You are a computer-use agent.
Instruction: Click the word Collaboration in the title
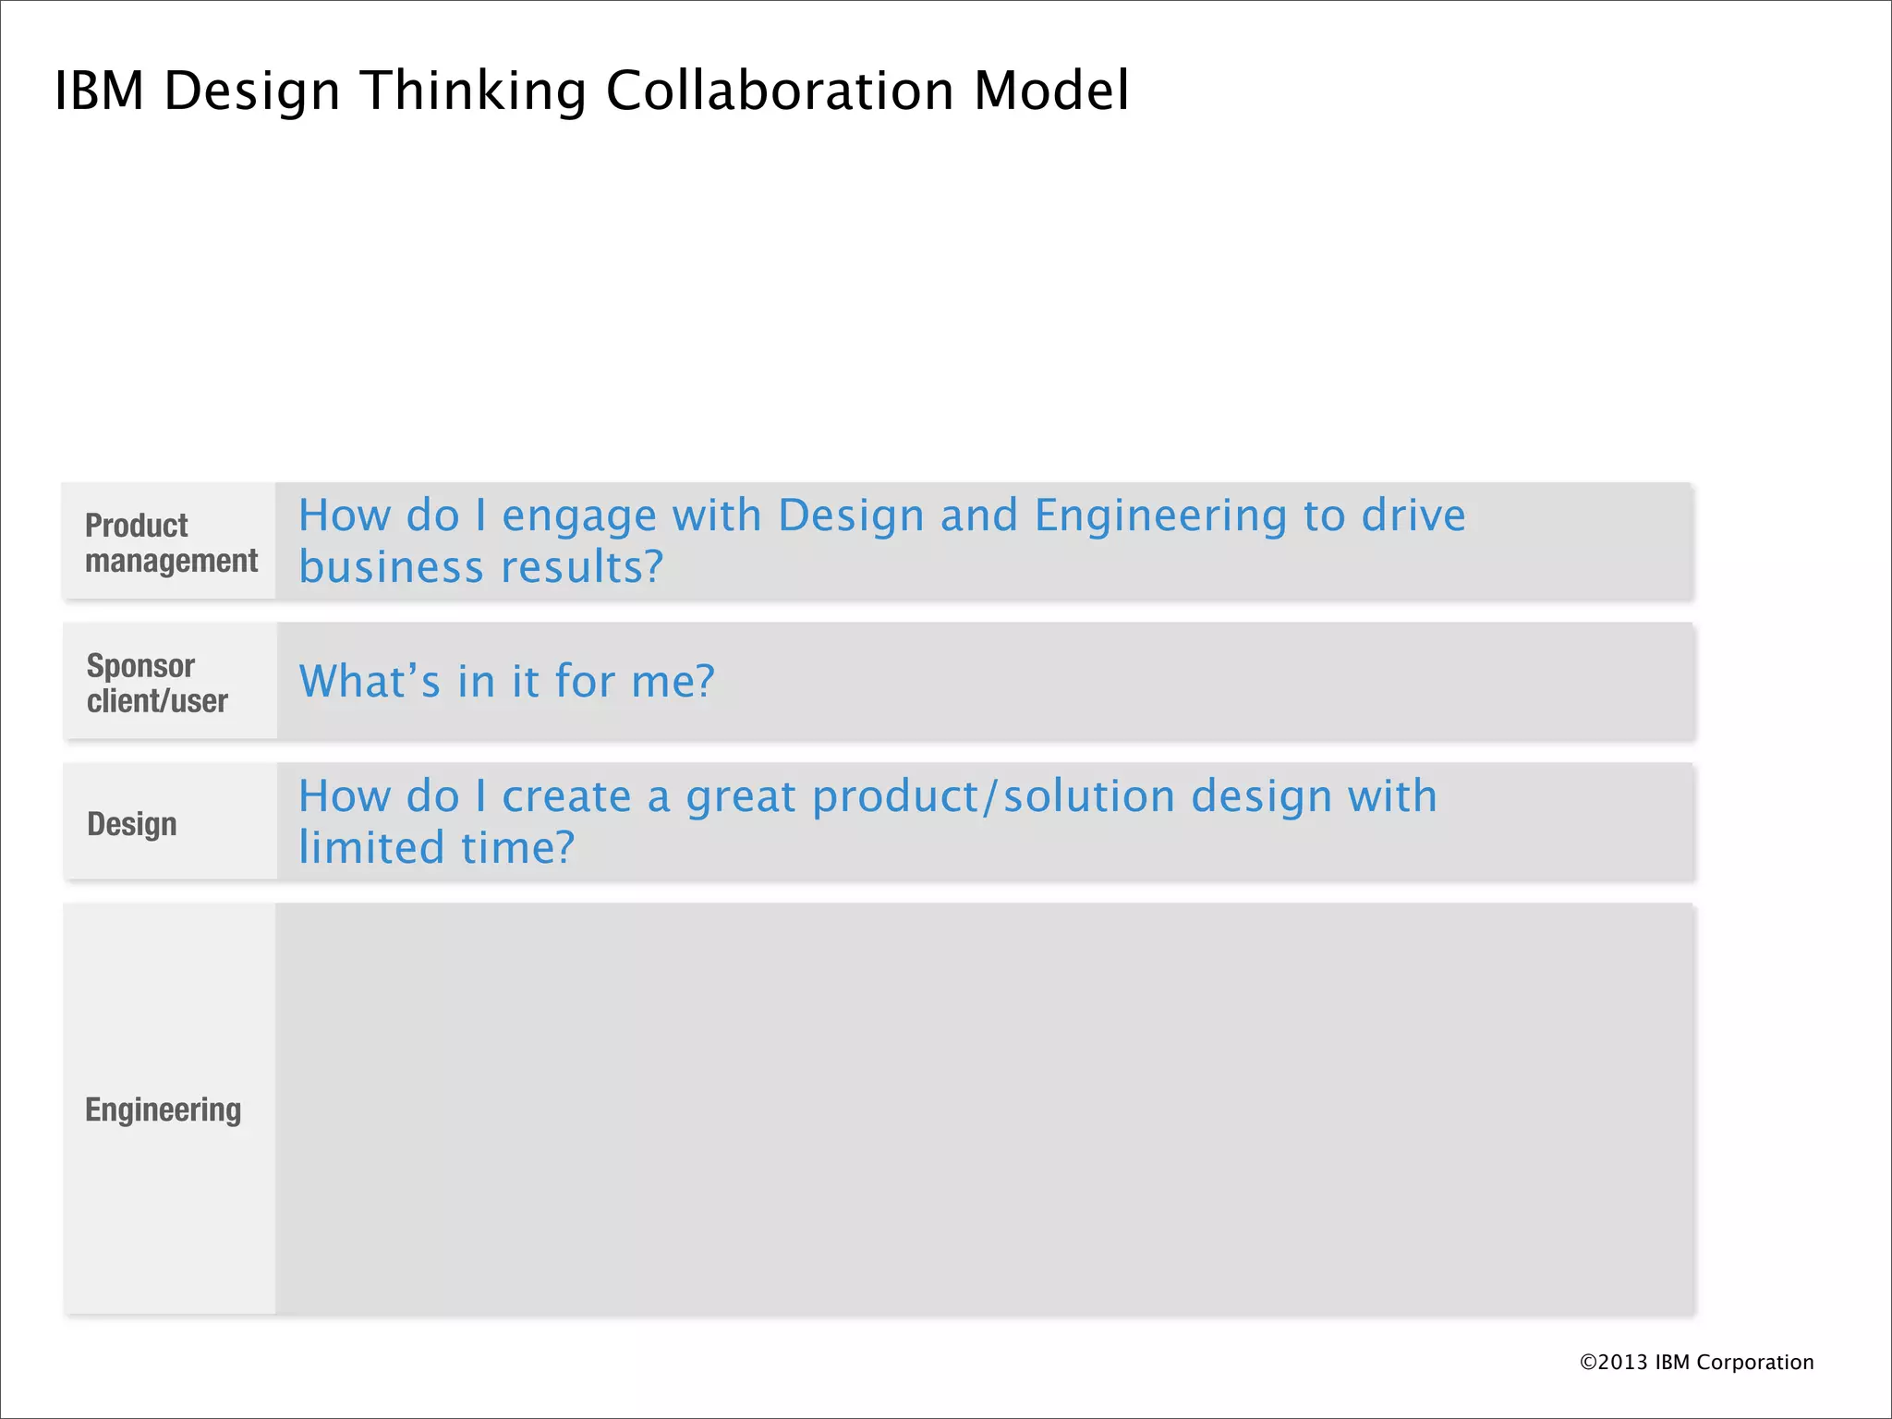[x=780, y=91]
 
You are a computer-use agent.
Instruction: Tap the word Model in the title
[x=1051, y=91]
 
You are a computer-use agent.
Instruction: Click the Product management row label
[x=171, y=543]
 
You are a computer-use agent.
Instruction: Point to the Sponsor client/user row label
[x=157, y=684]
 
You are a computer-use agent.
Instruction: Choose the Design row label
[x=132, y=823]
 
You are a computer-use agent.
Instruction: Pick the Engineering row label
[x=164, y=1110]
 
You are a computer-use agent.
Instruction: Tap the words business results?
[x=480, y=567]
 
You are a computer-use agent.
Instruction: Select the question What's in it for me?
[x=506, y=682]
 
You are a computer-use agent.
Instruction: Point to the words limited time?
[x=436, y=848]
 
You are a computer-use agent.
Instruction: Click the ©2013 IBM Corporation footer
[x=1696, y=1362]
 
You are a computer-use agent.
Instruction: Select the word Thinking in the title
[x=474, y=91]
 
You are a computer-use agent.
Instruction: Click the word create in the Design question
[x=566, y=797]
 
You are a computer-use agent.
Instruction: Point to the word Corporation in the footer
[x=1754, y=1362]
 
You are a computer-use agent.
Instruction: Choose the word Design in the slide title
[x=252, y=91]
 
